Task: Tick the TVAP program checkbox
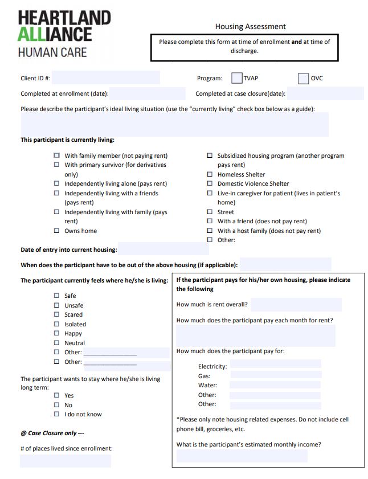point(236,78)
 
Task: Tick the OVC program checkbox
point(303,78)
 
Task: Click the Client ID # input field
point(105,78)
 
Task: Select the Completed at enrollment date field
point(148,94)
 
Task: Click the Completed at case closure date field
point(325,94)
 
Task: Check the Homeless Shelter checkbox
point(210,174)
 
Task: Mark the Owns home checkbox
point(56,231)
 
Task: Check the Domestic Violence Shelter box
point(210,183)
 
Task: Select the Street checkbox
point(210,212)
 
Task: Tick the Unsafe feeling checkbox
point(56,305)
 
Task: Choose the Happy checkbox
point(56,333)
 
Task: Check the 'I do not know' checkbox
point(56,414)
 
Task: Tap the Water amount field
point(275,385)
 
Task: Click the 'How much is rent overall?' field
point(296,305)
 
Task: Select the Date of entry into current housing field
point(163,249)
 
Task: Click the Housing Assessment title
point(250,26)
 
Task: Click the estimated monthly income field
point(242,456)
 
